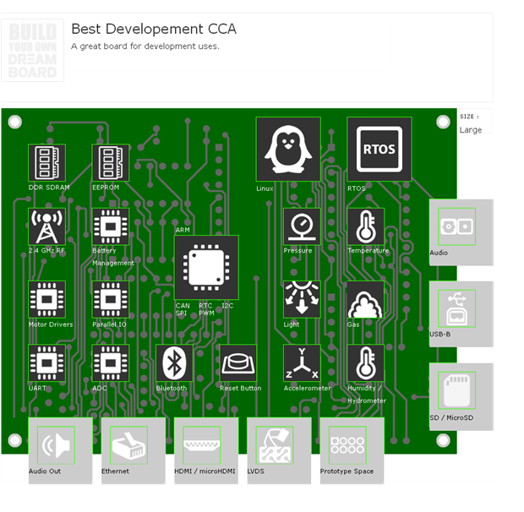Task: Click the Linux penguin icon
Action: point(288,149)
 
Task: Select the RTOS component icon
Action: point(379,149)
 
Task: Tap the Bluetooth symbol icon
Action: point(174,363)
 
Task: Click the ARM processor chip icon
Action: point(206,268)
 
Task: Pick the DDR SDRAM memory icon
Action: point(46,162)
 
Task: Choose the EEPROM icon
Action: point(111,162)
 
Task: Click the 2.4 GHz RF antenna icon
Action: point(46,226)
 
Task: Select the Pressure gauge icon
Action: point(302,226)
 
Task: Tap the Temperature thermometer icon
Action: point(366,226)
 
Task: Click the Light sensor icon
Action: point(302,299)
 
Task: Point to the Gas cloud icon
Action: point(366,299)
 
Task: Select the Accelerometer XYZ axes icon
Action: point(302,363)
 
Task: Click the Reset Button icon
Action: point(238,363)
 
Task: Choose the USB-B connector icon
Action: point(456,308)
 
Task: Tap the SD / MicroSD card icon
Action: point(456,390)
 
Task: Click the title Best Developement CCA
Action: point(153,30)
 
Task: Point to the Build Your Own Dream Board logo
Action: point(33,51)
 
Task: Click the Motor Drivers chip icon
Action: point(46,299)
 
